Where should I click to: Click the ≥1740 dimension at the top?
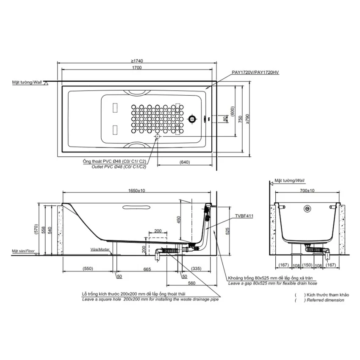(x=137, y=61)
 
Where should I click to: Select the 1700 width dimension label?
(x=137, y=67)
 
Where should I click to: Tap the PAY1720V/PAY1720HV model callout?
(x=255, y=72)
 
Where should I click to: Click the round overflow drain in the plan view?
(x=192, y=119)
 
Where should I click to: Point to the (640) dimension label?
(x=185, y=162)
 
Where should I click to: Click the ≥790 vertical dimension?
(x=247, y=119)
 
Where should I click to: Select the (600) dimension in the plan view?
(x=233, y=111)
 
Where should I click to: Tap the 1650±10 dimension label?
(x=137, y=191)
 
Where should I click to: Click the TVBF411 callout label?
(x=244, y=216)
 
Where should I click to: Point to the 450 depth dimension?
(x=179, y=219)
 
